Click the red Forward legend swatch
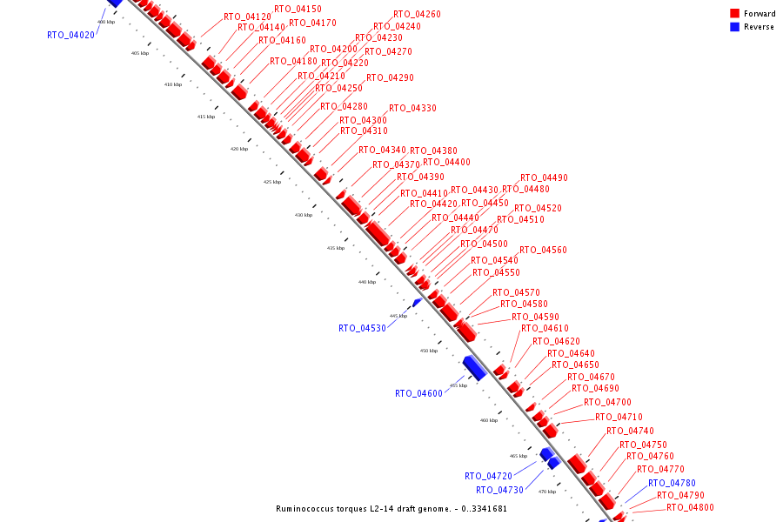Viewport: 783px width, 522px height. coord(734,14)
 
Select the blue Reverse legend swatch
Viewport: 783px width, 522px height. coord(734,27)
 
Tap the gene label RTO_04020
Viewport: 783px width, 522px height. coord(70,36)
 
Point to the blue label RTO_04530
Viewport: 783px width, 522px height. coord(362,329)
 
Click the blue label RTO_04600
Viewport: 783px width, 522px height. coord(418,394)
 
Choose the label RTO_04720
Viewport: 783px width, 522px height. coord(488,477)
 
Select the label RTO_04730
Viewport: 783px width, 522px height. coord(499,491)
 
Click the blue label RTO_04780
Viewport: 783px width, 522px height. coord(672,484)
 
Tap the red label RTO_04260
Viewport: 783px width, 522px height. coord(417,15)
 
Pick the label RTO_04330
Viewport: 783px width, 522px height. coord(412,109)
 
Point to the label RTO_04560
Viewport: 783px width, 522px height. coord(543,251)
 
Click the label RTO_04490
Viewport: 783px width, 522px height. coord(544,178)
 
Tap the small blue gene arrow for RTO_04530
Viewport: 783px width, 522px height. coord(418,302)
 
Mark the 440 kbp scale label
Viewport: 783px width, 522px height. coord(367,282)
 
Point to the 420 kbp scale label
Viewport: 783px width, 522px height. coord(238,150)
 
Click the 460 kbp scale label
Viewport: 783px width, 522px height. coord(489,420)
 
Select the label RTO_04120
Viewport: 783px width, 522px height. coord(247,17)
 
